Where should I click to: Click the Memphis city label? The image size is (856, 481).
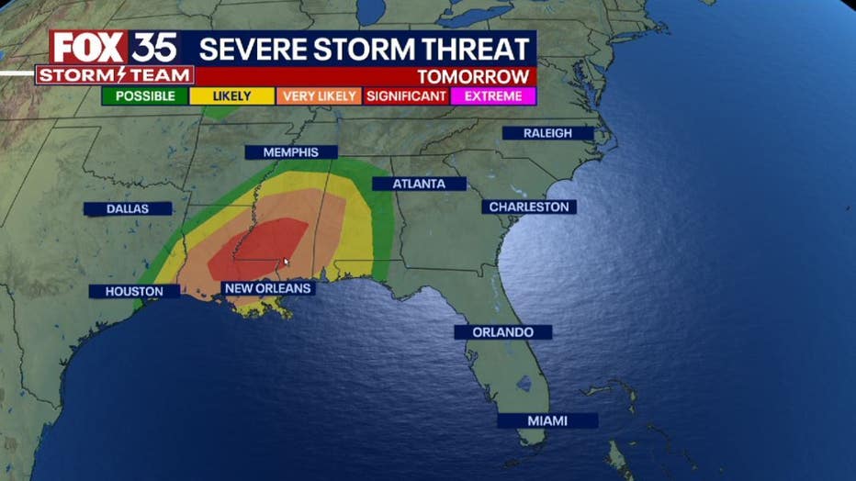tap(290, 152)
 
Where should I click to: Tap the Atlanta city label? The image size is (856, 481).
tap(419, 184)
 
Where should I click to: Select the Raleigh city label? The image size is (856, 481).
tap(547, 133)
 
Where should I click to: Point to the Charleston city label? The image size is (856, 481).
tap(529, 207)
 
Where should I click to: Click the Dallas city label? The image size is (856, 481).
tap(128, 209)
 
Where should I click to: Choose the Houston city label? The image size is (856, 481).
tap(134, 292)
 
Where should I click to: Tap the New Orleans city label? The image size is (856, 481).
tap(268, 288)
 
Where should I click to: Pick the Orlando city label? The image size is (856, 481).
tap(503, 332)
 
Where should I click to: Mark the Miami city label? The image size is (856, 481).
tap(547, 420)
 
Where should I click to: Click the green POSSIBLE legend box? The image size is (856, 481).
tap(145, 96)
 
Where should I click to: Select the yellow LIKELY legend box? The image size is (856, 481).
tap(231, 96)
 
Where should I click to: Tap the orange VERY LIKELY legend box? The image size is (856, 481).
tap(320, 96)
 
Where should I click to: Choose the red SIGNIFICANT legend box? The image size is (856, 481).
tap(407, 96)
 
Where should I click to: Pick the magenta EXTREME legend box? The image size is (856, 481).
tap(493, 96)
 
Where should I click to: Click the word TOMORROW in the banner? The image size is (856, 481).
tap(473, 77)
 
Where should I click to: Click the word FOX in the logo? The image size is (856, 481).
tap(88, 47)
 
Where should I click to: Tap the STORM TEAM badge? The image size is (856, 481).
tap(114, 75)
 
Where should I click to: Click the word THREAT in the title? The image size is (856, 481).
tap(475, 49)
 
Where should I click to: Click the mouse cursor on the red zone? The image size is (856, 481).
tap(287, 263)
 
